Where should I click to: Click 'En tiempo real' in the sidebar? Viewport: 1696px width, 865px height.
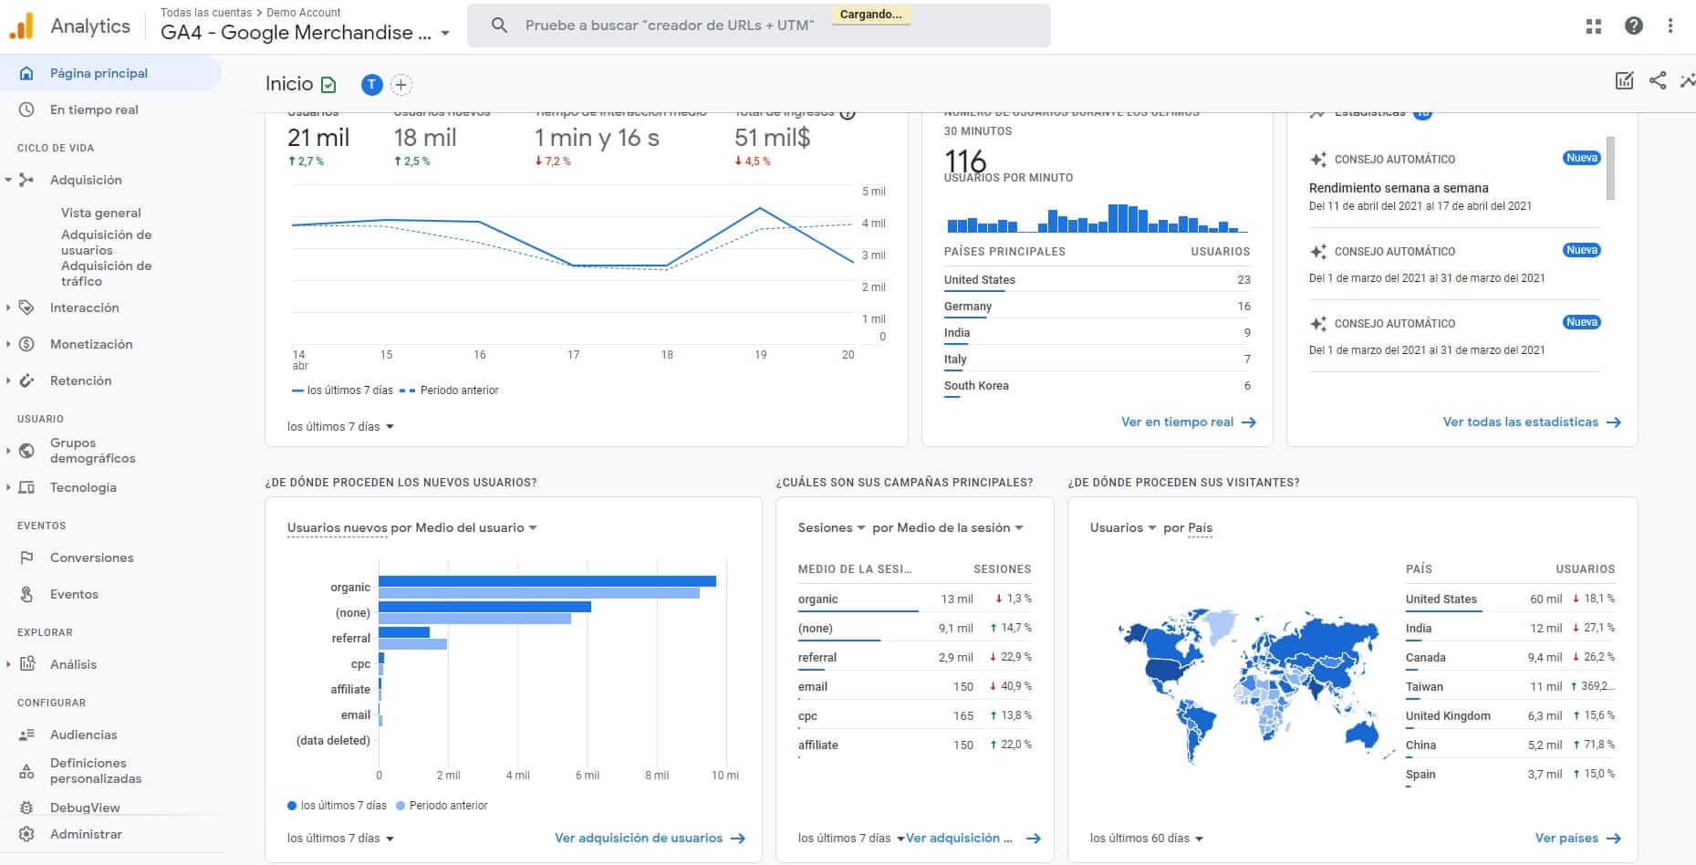94,109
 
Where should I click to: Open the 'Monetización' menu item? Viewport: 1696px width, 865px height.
90,344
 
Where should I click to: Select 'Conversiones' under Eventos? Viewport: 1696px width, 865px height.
91,558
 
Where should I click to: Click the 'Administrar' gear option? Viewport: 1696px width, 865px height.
85,834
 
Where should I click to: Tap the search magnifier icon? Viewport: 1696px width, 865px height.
499,26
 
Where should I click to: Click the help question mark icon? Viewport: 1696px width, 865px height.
1633,26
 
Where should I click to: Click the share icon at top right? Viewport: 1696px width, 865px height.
1658,80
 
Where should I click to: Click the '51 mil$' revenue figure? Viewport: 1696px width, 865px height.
772,138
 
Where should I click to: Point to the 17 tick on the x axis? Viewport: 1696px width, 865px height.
573,355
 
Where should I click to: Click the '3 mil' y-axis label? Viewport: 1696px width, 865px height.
873,255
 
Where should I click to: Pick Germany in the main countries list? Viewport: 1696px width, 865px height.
968,307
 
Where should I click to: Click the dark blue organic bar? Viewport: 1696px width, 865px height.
546,581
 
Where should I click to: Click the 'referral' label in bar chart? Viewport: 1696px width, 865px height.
350,639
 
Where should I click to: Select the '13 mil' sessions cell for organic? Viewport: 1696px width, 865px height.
956,599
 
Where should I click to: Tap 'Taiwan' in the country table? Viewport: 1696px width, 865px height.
1424,686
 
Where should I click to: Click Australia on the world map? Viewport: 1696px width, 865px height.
1359,733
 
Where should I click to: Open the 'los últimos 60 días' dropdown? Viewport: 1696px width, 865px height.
1146,838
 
